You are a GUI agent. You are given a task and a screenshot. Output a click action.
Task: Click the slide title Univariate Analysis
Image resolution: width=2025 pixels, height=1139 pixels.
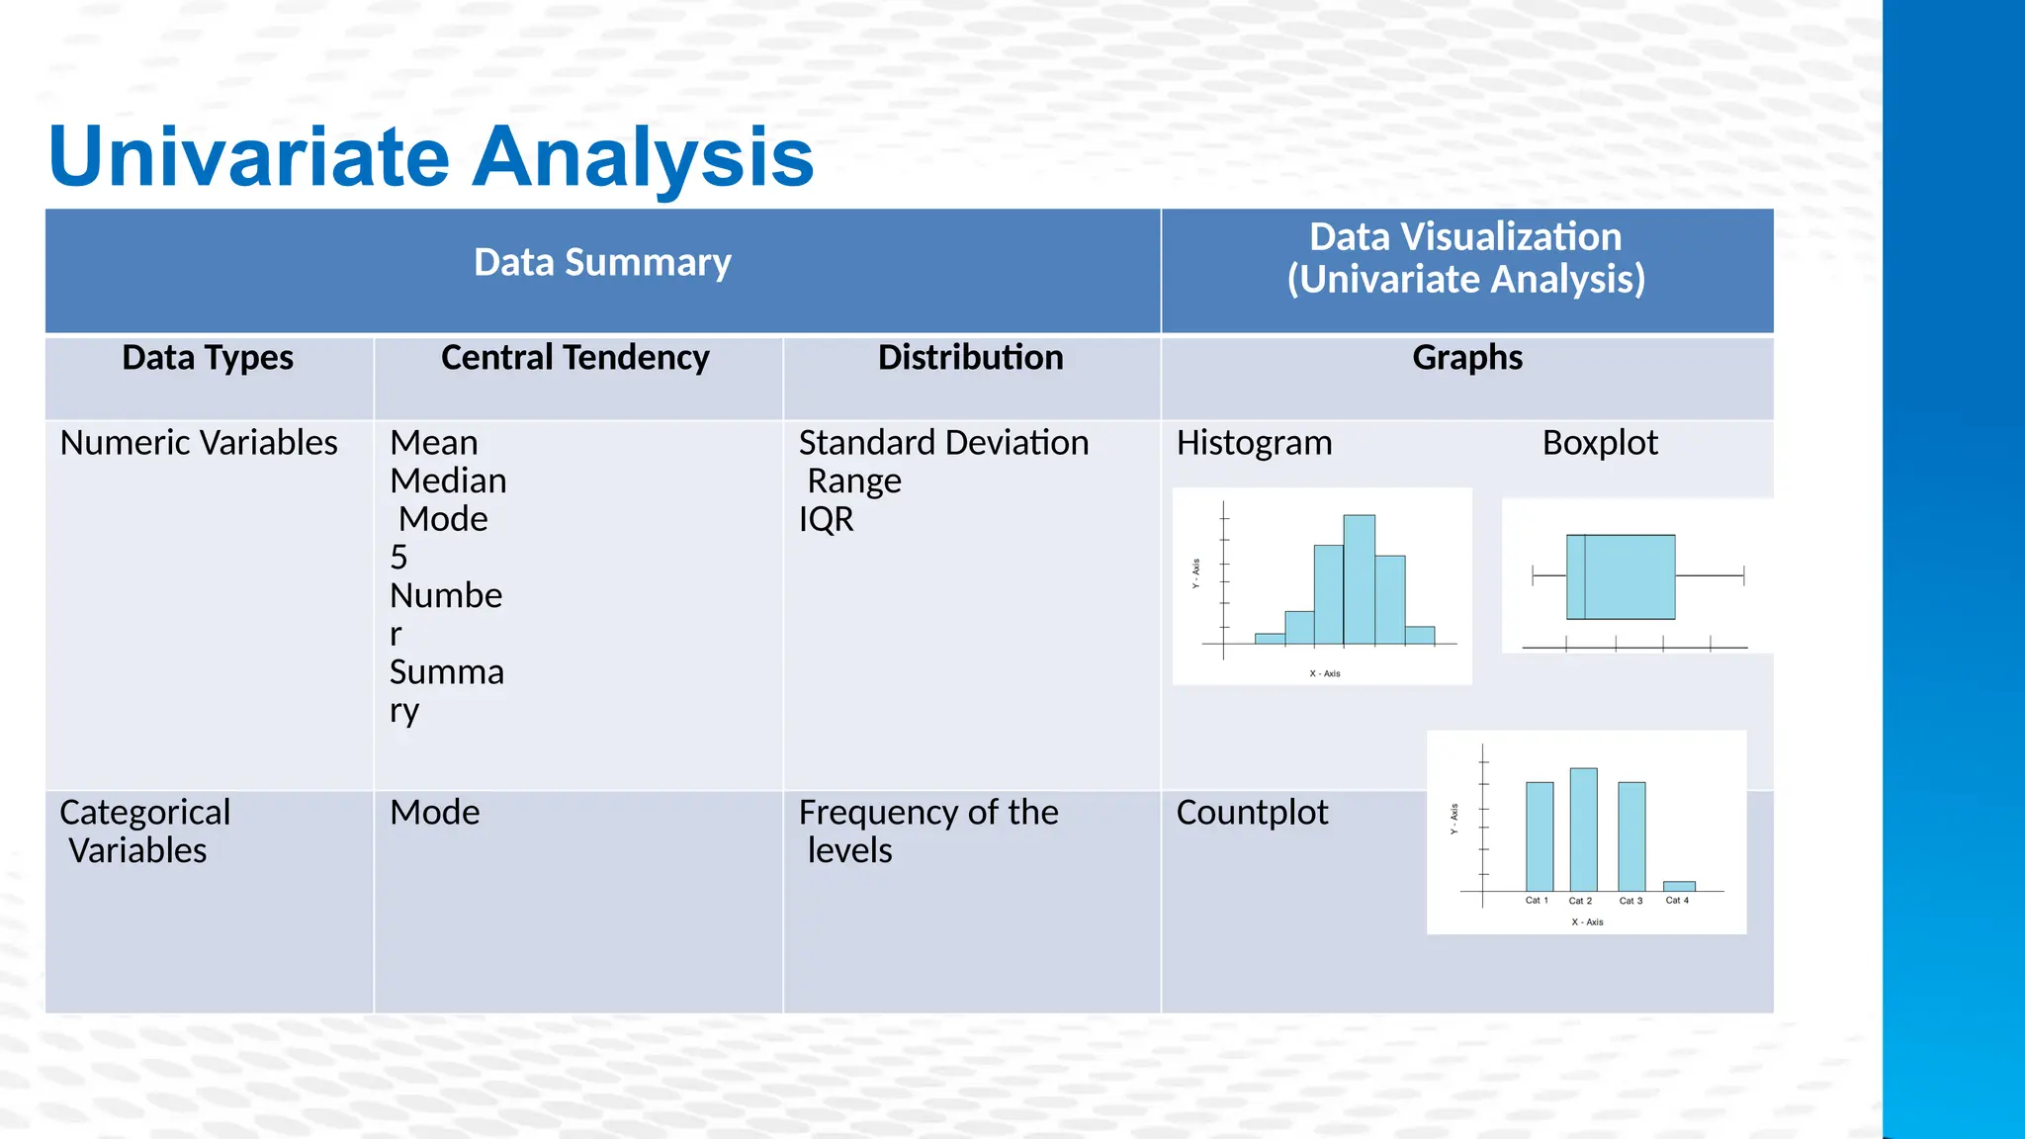[x=431, y=156]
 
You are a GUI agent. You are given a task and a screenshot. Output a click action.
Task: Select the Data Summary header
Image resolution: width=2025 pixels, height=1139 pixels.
[x=602, y=263]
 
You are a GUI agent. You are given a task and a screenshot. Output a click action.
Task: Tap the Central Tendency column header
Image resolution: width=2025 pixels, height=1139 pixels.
[x=574, y=358]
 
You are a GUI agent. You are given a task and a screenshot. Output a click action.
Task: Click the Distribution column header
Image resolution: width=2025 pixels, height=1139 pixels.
[x=970, y=358]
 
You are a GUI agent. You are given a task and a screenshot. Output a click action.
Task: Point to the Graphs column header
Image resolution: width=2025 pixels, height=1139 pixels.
[x=1466, y=358]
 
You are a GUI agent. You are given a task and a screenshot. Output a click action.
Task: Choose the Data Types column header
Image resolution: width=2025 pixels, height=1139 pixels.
[x=208, y=358]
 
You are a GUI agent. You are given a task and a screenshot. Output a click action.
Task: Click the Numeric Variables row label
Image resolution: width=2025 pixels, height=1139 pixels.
[x=199, y=443]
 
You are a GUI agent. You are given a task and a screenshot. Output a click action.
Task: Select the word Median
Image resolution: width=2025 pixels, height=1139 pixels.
[x=448, y=482]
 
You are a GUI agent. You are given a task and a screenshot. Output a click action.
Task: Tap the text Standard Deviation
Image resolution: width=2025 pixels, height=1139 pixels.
[x=943, y=443]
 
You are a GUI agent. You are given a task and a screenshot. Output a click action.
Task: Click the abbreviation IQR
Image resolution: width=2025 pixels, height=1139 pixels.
[x=826, y=520]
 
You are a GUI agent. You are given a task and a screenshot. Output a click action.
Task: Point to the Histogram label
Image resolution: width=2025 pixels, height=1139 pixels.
[x=1254, y=443]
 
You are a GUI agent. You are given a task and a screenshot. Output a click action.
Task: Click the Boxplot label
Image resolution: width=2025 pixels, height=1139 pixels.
[x=1599, y=443]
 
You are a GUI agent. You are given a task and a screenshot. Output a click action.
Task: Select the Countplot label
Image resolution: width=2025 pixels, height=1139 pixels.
[x=1252, y=813]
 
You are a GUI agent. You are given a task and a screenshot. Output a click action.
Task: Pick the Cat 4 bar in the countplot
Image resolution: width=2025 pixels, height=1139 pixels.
[x=1679, y=886]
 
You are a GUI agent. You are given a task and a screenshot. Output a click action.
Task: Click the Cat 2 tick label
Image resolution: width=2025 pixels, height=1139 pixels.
[x=1580, y=901]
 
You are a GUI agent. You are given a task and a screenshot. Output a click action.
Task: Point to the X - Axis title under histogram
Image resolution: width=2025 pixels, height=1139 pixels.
[x=1325, y=673]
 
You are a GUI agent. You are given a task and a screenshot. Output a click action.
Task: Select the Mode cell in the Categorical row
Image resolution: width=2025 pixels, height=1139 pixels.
[x=435, y=813]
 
